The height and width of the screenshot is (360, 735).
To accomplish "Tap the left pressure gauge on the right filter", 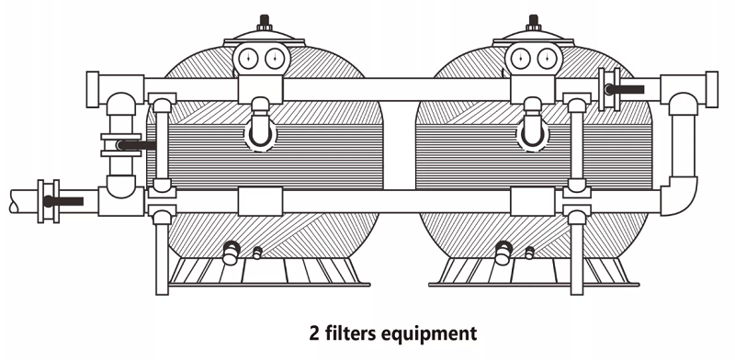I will pyautogui.click(x=521, y=61).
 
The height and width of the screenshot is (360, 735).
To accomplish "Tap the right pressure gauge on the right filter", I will pyautogui.click(x=544, y=61).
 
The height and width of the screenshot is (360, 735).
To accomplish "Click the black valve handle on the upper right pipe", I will pyautogui.click(x=628, y=89).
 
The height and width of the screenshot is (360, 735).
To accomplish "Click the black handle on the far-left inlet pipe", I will pyautogui.click(x=63, y=200).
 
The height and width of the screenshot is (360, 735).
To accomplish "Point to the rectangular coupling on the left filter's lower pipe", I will pyautogui.click(x=259, y=201).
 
